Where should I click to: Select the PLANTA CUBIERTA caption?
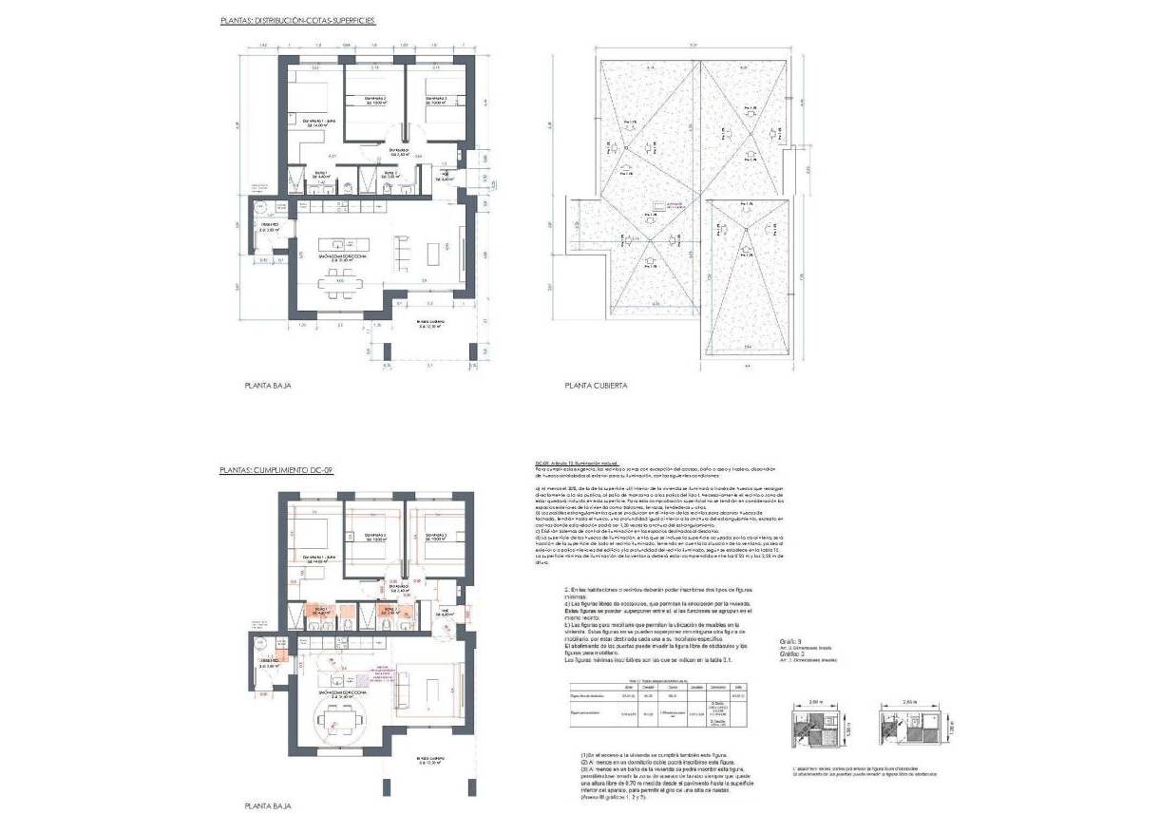point(595,387)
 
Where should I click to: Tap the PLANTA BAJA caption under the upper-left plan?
point(267,387)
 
